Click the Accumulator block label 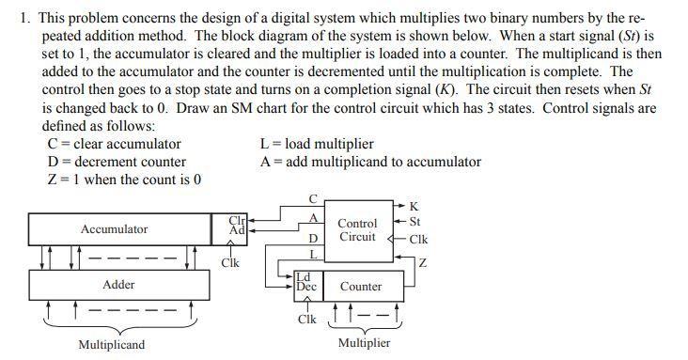pyautogui.click(x=114, y=229)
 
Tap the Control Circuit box pyautogui.click(x=357, y=230)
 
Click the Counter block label pyautogui.click(x=360, y=286)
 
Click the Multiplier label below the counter pyautogui.click(x=364, y=342)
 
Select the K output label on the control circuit pyautogui.click(x=414, y=206)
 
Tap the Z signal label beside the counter pyautogui.click(x=422, y=262)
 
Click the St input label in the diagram pyautogui.click(x=415, y=222)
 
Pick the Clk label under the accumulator pyautogui.click(x=228, y=263)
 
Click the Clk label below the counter pyautogui.click(x=306, y=320)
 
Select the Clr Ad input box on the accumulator pyautogui.click(x=237, y=225)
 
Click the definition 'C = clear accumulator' pyautogui.click(x=114, y=144)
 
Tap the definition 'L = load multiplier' pyautogui.click(x=316, y=144)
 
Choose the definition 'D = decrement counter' pyautogui.click(x=117, y=162)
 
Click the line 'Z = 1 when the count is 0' pyautogui.click(x=123, y=180)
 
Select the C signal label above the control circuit pyautogui.click(x=314, y=197)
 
